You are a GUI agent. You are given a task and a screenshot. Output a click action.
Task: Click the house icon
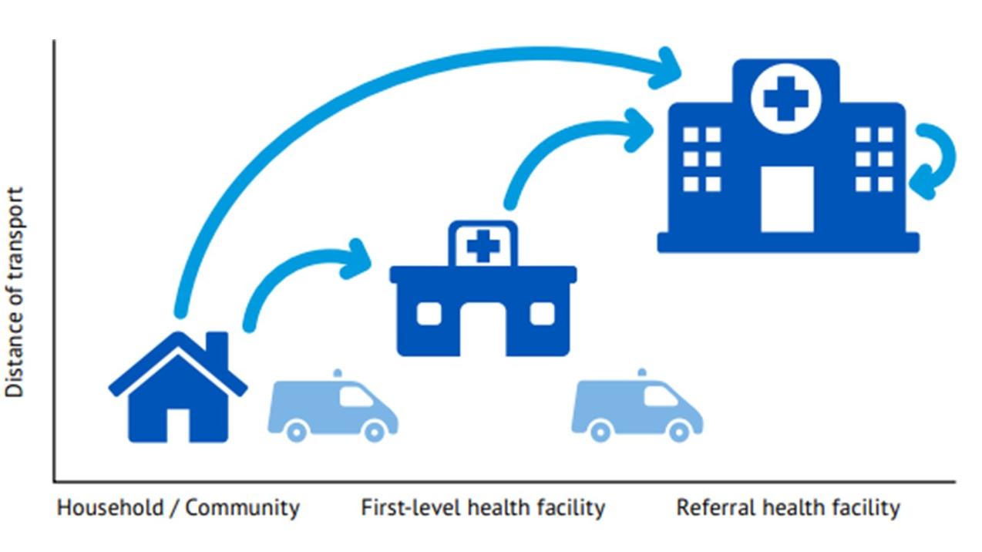178,389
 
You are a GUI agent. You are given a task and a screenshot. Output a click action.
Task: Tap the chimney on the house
217,348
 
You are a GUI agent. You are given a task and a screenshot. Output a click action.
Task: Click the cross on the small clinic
483,247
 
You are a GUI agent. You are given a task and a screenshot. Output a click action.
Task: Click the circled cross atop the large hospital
785,99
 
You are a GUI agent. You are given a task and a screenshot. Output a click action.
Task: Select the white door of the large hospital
787,199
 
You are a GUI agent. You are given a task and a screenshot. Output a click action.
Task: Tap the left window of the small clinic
429,313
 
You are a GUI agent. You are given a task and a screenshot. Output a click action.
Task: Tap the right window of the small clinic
542,313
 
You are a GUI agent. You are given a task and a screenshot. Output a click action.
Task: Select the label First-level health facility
483,508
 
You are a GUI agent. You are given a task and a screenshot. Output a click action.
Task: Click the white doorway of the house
178,425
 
